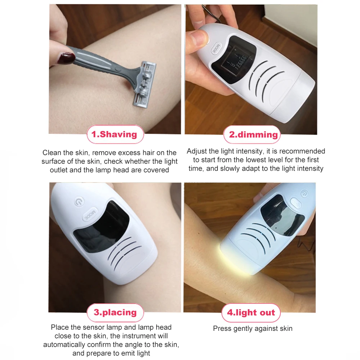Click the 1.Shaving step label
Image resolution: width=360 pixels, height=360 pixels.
(x=115, y=134)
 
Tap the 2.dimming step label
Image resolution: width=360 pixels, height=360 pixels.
(x=252, y=135)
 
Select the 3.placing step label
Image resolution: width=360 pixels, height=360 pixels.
(x=115, y=312)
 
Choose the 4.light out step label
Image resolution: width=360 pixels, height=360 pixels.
(x=251, y=313)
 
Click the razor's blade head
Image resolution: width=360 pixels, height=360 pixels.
(x=145, y=85)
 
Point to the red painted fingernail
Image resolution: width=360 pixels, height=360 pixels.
(x=66, y=58)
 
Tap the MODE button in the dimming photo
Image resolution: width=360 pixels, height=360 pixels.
(x=216, y=49)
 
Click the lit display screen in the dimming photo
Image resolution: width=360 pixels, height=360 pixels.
(x=235, y=60)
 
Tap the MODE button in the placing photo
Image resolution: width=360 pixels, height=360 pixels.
(x=90, y=214)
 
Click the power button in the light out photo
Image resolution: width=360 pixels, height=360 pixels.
(x=305, y=194)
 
